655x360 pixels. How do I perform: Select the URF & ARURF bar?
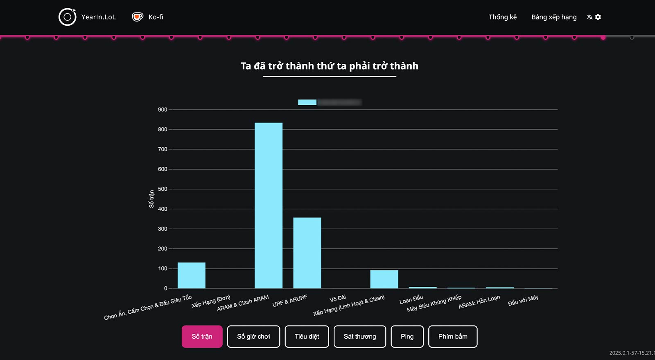coord(307,253)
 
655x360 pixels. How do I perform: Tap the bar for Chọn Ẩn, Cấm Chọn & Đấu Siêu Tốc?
coord(191,275)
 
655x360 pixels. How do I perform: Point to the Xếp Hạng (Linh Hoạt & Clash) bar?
coord(384,279)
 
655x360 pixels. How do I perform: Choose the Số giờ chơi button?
coord(253,336)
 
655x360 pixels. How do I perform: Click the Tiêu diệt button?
coord(307,336)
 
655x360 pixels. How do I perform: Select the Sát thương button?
coord(359,336)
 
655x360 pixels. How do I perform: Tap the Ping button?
coord(407,336)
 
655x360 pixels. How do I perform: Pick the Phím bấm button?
coord(453,336)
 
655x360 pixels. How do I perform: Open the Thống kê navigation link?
coord(502,17)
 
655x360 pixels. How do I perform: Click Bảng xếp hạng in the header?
coord(554,17)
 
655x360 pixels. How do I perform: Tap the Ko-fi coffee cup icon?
coord(138,17)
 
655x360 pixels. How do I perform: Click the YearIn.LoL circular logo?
coord(67,17)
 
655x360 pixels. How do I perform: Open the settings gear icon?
coord(598,17)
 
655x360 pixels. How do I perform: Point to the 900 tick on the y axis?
coord(163,110)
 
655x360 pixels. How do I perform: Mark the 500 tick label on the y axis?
coord(163,189)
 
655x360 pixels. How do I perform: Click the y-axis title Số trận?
coord(151,199)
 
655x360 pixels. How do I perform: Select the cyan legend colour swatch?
coord(307,102)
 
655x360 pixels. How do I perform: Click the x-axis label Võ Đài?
coord(338,298)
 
